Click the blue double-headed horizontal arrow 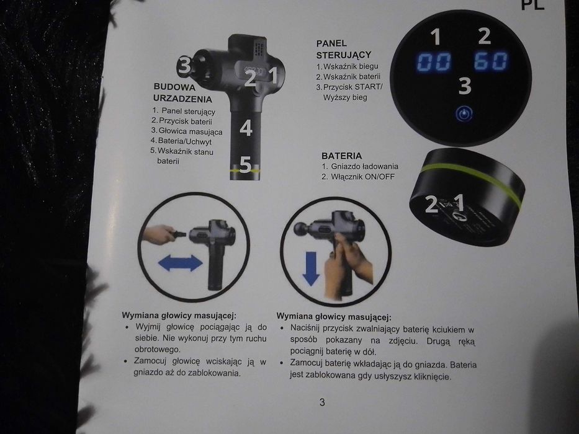(x=180, y=264)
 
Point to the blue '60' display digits (x=491, y=61)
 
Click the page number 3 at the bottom (x=322, y=402)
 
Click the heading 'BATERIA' (x=341, y=155)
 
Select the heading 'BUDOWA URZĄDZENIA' (x=182, y=93)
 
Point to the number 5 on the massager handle (x=245, y=166)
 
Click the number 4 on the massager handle (x=246, y=128)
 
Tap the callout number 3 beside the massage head (x=184, y=64)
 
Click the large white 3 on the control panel (x=465, y=86)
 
